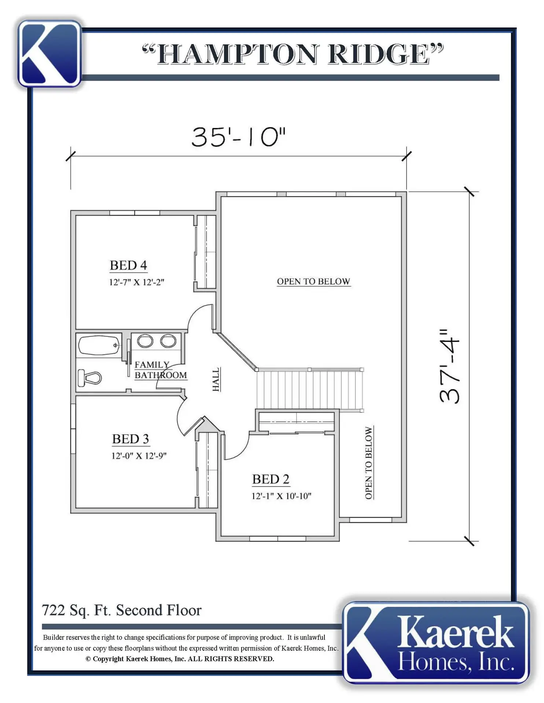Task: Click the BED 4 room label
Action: point(128,265)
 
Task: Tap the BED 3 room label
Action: point(131,439)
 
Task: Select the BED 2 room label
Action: point(271,479)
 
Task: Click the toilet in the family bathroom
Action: point(90,377)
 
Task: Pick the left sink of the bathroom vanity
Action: point(145,341)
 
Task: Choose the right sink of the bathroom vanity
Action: point(168,341)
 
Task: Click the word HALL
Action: point(216,379)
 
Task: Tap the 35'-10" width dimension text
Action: point(238,137)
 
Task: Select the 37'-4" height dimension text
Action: point(449,366)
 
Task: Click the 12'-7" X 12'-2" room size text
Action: point(136,282)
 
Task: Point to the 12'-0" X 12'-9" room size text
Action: point(139,456)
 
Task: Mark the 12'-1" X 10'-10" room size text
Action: point(281,496)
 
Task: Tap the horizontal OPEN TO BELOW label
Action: point(314,281)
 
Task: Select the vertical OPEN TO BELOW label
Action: point(369,463)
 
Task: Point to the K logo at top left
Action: point(49,53)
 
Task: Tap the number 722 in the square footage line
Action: point(53,610)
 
